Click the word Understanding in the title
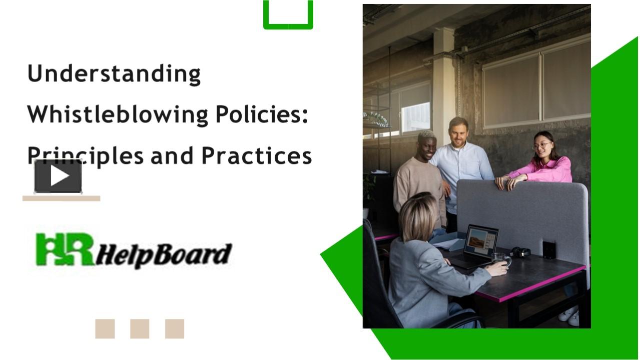[114, 74]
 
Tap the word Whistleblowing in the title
[118, 115]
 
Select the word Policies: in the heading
[261, 115]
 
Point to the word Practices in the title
[256, 155]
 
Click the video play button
[58, 176]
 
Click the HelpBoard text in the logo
[164, 255]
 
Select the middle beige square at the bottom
[140, 329]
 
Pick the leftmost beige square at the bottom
[105, 329]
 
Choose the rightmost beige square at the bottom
[175, 329]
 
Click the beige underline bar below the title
[61, 198]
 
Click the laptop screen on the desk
[481, 241]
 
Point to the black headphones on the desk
[520, 252]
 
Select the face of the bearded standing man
[458, 133]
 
